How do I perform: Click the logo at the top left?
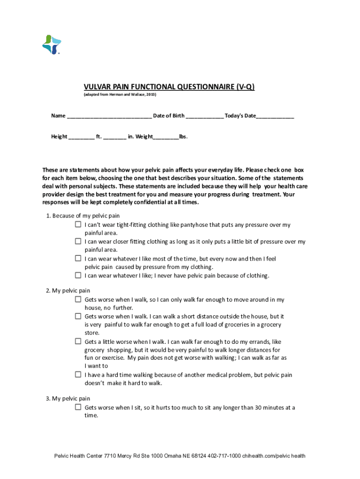[x=52, y=44]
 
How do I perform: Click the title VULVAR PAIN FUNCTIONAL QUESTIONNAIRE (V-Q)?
[x=169, y=87]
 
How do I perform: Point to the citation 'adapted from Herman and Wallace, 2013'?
[x=120, y=95]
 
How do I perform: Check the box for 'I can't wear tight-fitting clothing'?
[x=78, y=225]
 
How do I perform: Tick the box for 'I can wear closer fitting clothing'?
[x=78, y=241]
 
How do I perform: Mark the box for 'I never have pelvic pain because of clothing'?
[x=78, y=275]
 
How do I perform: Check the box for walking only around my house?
[x=78, y=299]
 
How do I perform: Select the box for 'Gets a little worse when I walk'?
[x=78, y=341]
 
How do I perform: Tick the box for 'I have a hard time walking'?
[x=78, y=375]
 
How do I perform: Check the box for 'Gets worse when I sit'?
[x=78, y=407]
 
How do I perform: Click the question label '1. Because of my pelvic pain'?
[x=83, y=216]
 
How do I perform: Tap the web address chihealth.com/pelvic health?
[x=274, y=456]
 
